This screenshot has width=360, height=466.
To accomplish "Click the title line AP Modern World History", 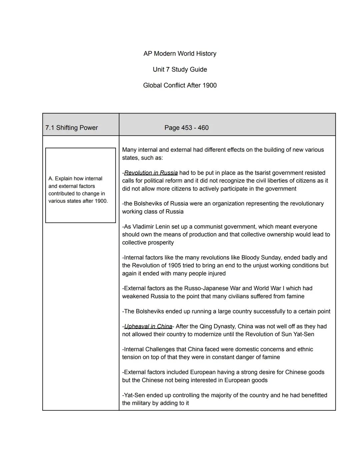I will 180,54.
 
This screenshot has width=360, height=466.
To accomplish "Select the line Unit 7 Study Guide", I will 180,69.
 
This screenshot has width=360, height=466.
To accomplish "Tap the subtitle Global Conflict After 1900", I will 180,85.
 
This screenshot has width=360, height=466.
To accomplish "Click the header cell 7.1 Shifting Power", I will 72,128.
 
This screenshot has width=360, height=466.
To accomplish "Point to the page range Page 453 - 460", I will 186,128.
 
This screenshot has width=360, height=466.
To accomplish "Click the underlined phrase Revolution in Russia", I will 151,173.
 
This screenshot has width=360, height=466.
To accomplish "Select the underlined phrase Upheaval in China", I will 148,326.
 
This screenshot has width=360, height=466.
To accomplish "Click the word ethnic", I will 305,349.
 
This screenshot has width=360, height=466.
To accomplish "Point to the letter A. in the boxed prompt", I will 51,179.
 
